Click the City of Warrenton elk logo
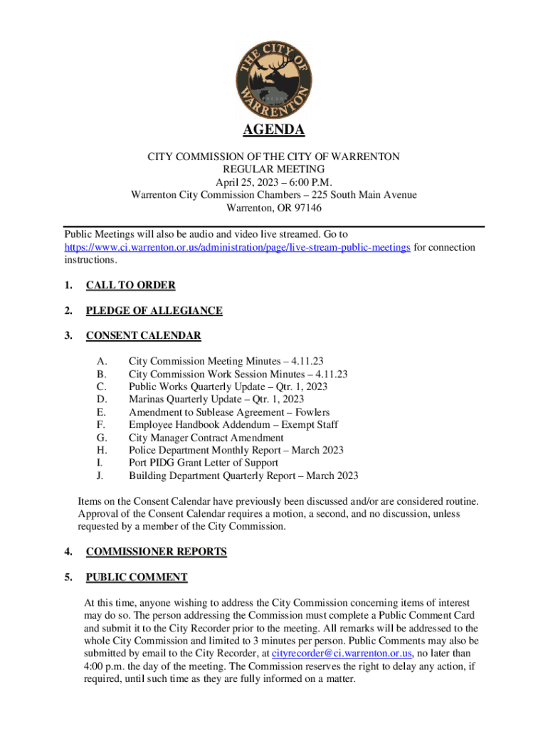click(x=274, y=78)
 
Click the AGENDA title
click(x=274, y=130)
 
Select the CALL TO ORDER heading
click(x=130, y=285)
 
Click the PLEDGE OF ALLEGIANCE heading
click(x=154, y=310)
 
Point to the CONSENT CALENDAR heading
click(x=143, y=335)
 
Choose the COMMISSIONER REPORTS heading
click(x=156, y=552)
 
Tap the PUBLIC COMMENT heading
click(x=137, y=577)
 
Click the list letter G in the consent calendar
click(x=101, y=438)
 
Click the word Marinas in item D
click(x=147, y=399)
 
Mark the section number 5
click(x=68, y=577)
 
